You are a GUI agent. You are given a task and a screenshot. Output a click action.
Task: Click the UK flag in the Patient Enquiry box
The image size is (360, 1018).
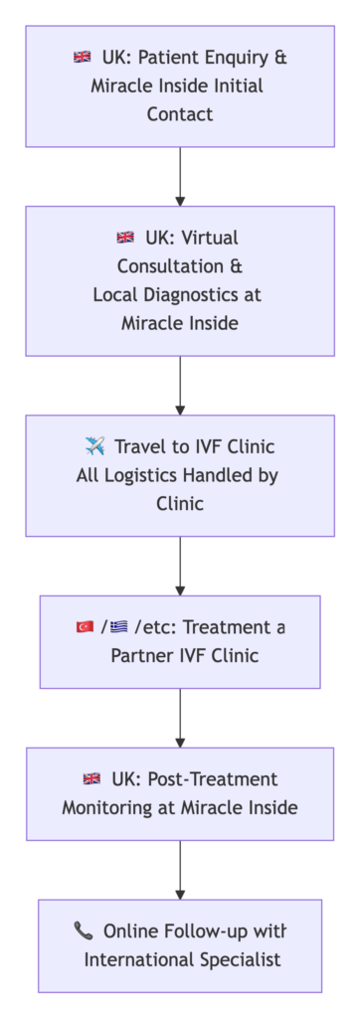point(83,58)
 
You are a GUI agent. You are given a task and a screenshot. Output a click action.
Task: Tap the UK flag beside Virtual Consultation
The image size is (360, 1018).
point(125,238)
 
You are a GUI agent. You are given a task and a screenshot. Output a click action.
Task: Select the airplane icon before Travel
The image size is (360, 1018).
point(95,446)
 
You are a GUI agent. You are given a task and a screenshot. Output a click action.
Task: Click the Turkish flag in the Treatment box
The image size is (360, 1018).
point(85,627)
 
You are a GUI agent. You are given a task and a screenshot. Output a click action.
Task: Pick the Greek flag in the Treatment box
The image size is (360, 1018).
point(119,627)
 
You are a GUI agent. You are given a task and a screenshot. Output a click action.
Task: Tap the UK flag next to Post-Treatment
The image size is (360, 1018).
point(91,779)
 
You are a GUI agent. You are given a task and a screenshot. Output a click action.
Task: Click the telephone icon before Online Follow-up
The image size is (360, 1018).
point(84,931)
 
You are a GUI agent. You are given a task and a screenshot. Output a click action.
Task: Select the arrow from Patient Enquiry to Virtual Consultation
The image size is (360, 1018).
point(180,176)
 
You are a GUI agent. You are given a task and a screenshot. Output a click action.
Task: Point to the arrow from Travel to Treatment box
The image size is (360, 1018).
point(180,566)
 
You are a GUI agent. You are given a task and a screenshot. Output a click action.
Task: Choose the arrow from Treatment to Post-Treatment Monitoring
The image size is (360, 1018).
point(180,718)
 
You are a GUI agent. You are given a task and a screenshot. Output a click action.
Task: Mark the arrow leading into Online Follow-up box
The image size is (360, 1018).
point(180,870)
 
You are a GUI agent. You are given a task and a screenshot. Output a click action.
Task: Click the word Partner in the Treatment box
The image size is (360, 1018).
point(139,656)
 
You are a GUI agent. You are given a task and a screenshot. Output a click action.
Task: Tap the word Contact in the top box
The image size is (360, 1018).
point(180,114)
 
